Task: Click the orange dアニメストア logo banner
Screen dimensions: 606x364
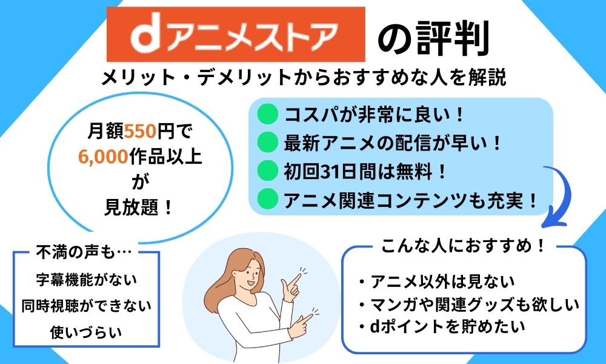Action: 236,34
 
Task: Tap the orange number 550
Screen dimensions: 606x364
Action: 141,132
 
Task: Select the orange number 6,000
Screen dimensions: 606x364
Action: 103,157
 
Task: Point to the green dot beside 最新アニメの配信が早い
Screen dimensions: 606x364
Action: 267,143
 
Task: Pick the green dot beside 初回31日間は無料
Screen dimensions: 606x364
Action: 267,170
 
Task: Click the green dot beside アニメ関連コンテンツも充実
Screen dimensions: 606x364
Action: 267,199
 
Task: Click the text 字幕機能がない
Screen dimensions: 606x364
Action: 87,279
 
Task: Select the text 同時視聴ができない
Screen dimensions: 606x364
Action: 87,306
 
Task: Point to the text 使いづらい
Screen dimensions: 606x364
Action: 86,332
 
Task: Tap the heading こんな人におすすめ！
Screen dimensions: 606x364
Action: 463,246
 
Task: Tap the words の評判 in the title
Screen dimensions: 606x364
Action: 433,38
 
